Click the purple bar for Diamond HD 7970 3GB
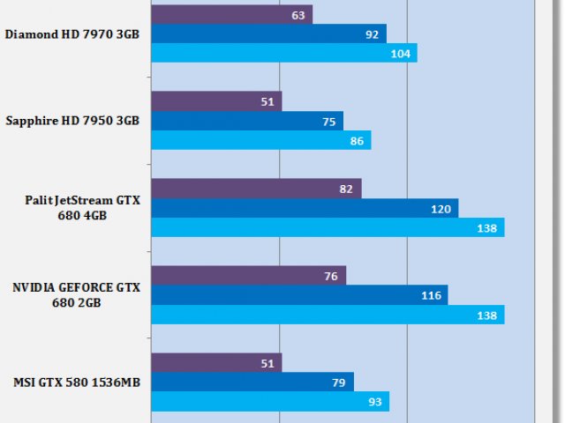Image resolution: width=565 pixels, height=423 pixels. (x=231, y=15)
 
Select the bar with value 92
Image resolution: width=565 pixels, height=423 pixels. (x=268, y=34)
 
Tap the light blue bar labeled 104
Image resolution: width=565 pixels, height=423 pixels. (x=283, y=54)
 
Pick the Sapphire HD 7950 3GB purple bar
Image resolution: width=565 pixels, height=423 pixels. (x=216, y=101)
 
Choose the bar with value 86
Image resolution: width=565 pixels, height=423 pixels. (x=260, y=140)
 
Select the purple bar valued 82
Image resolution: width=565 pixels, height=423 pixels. (x=256, y=189)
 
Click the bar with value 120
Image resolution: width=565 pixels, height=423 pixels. (x=305, y=209)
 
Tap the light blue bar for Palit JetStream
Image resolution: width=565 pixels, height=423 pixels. (x=328, y=228)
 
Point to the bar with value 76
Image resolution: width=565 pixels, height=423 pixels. (x=248, y=276)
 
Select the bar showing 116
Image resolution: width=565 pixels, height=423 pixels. (x=299, y=295)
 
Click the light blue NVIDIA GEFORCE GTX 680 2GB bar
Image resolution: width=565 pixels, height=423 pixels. (x=328, y=315)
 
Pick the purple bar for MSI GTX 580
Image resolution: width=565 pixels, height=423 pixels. (x=216, y=363)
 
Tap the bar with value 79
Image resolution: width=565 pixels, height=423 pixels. (x=252, y=382)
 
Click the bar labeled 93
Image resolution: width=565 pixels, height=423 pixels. (x=269, y=401)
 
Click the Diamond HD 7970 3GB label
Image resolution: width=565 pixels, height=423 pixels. (x=72, y=35)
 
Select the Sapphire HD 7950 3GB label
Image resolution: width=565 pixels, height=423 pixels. (x=72, y=122)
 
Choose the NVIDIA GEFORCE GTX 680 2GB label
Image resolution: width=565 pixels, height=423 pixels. (x=76, y=295)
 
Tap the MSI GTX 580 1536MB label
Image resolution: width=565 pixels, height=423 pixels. (x=77, y=382)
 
